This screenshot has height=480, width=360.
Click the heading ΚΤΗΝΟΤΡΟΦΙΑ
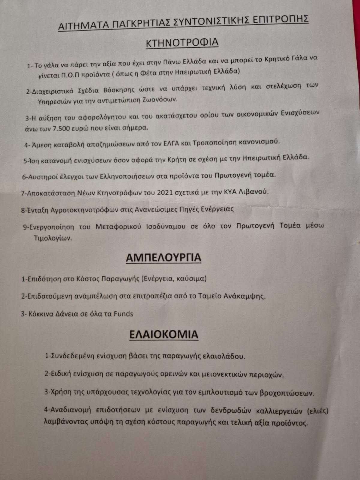182,42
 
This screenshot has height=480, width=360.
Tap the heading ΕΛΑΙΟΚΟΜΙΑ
163,334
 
